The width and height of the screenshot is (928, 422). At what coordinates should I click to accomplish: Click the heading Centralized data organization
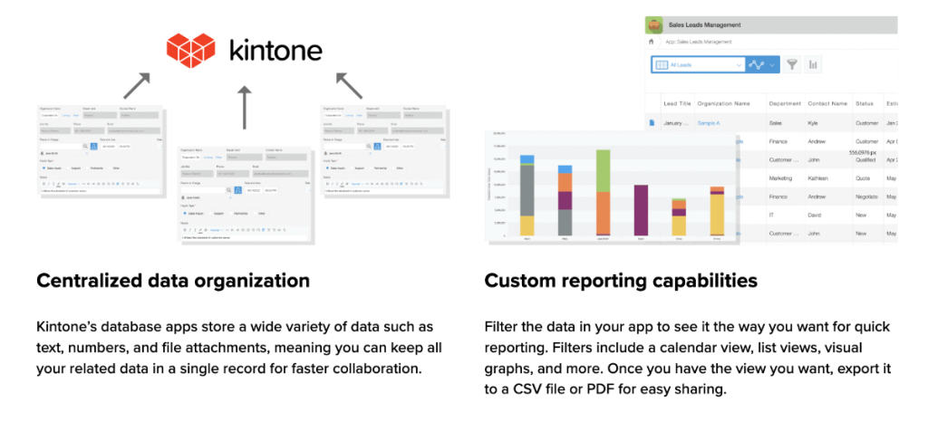173,281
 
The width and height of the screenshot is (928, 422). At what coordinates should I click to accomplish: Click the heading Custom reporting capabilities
621,281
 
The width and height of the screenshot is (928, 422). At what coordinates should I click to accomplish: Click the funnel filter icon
791,64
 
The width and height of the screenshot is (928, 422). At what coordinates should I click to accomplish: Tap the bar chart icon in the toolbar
813,64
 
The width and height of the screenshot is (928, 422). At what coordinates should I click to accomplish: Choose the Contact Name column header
826,103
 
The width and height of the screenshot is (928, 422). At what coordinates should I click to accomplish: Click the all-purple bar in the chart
641,211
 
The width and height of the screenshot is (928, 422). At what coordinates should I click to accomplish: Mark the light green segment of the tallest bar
603,169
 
